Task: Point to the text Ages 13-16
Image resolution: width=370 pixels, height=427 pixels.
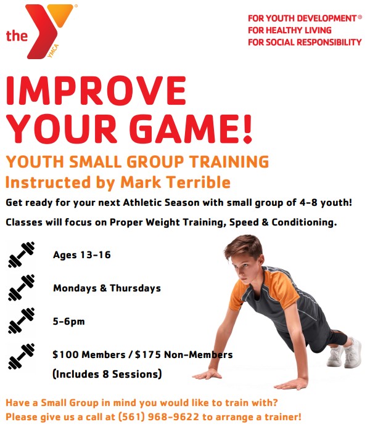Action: pyautogui.click(x=81, y=254)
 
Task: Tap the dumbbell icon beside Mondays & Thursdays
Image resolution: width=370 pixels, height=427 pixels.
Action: pyautogui.click(x=22, y=288)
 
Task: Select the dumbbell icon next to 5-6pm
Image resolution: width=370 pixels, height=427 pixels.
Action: pyautogui.click(x=22, y=322)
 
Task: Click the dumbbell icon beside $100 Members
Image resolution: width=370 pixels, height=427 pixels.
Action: pyautogui.click(x=22, y=355)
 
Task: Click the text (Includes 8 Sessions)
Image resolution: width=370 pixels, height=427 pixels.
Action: pyautogui.click(x=107, y=373)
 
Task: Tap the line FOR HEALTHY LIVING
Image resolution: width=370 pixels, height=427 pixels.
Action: pyautogui.click(x=289, y=30)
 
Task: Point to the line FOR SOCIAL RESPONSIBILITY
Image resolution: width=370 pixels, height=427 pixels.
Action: pyautogui.click(x=305, y=42)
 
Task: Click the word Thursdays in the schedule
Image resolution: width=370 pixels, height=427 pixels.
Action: pyautogui.click(x=135, y=288)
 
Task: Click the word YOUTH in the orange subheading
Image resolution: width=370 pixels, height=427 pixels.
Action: pyautogui.click(x=28, y=162)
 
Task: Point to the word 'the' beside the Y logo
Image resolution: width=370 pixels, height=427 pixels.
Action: pyautogui.click(x=17, y=36)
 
